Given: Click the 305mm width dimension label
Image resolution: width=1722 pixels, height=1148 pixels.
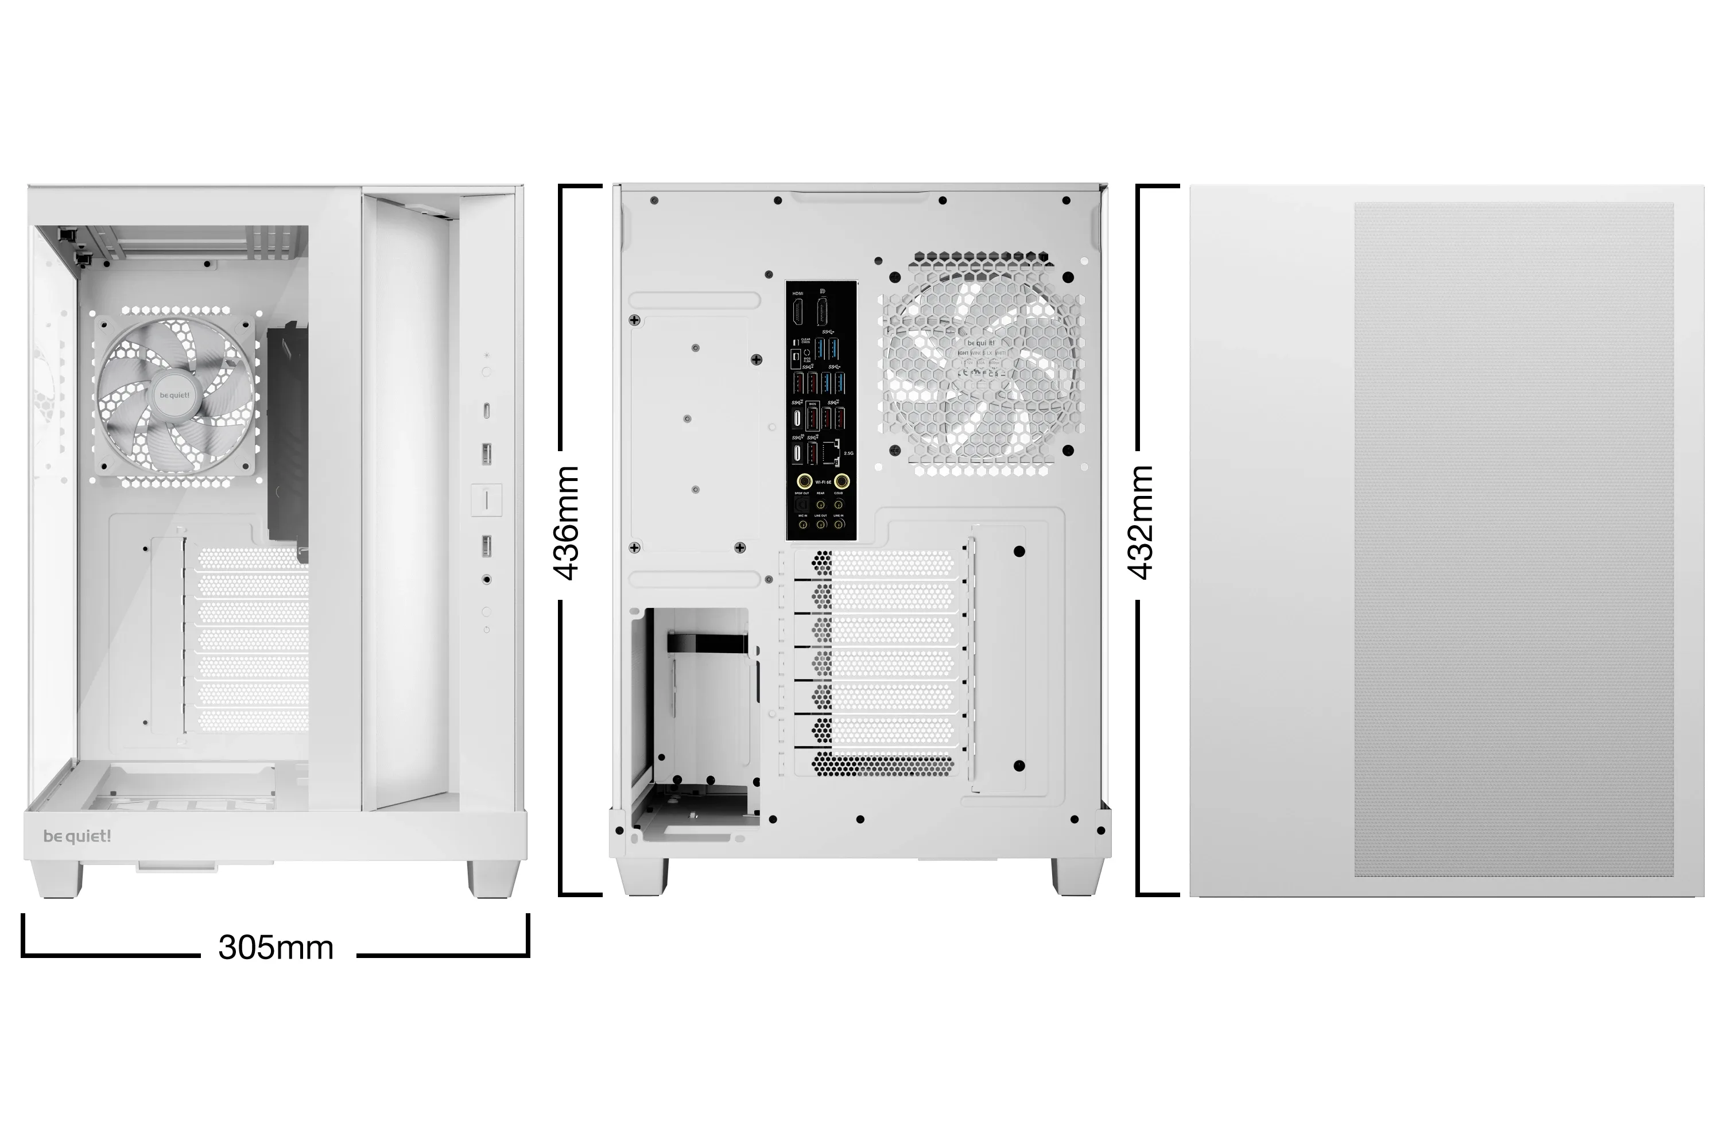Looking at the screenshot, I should (x=276, y=948).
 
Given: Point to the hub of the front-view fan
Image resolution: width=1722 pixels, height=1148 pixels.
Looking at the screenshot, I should (x=174, y=395).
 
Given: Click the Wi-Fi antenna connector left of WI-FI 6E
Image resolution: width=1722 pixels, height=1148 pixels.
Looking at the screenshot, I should (x=804, y=482).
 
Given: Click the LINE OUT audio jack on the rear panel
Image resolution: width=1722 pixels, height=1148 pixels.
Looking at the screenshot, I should (x=821, y=523).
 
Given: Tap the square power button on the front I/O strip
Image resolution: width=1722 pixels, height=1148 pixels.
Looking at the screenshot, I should (x=486, y=499).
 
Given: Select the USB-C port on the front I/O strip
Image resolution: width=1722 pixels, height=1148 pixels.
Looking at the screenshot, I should (x=487, y=411).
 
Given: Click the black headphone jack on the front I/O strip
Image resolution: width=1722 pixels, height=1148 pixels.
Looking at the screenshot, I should (x=487, y=580).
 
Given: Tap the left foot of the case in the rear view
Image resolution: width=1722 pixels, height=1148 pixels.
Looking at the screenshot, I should (x=643, y=876).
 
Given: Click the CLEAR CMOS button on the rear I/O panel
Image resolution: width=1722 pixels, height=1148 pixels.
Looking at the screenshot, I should (x=796, y=343).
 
